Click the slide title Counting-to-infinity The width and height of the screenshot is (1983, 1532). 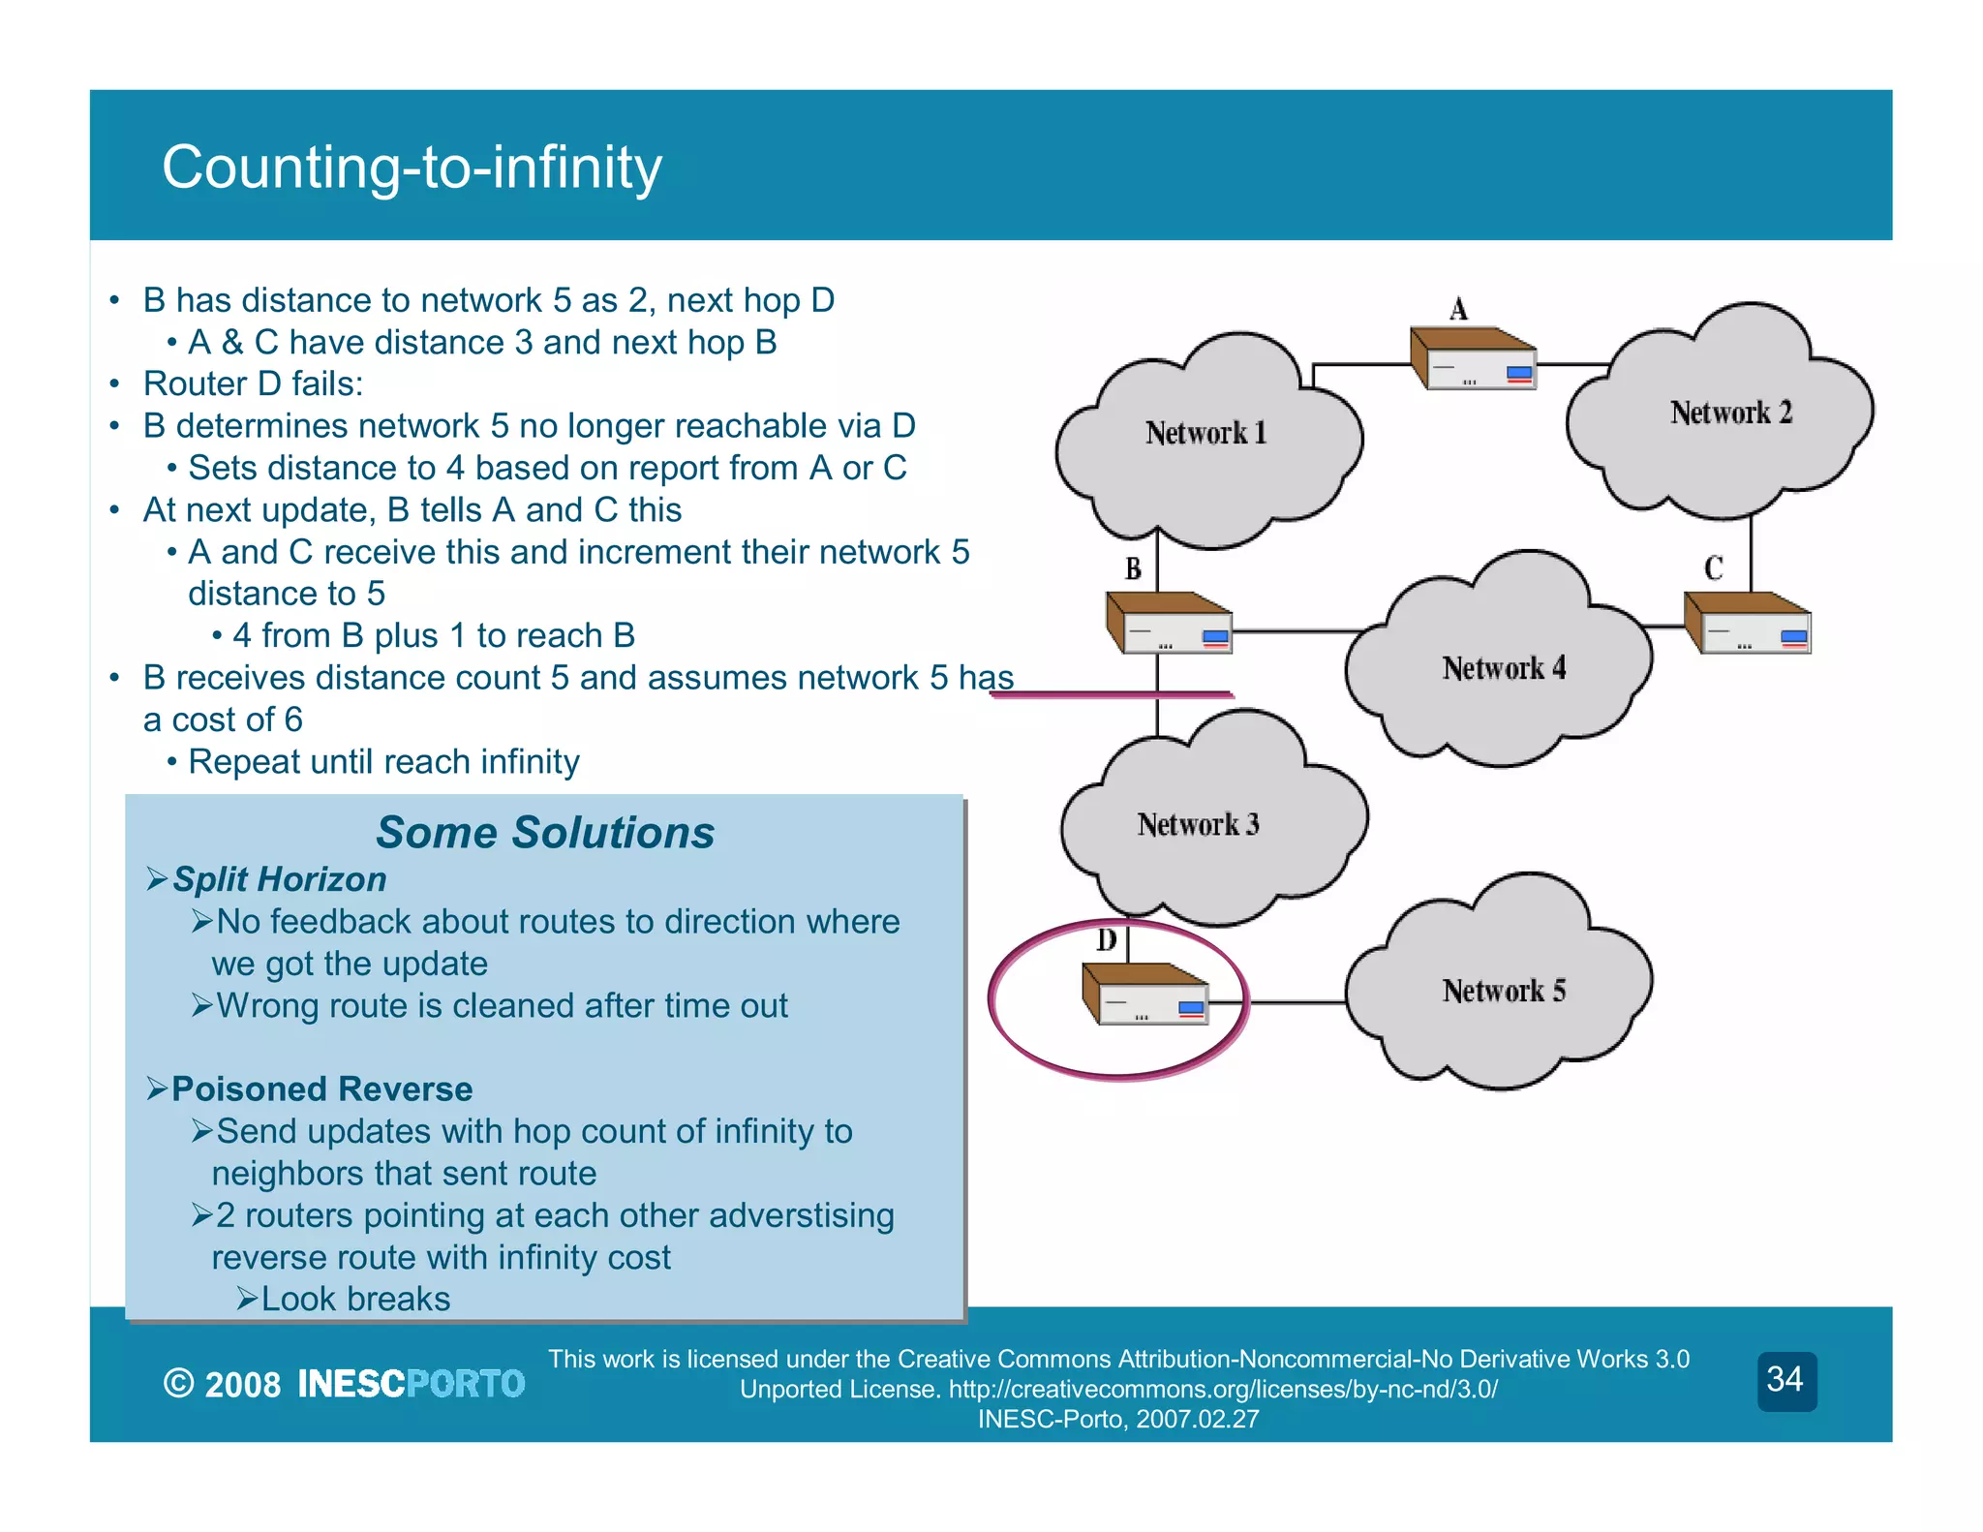(x=412, y=167)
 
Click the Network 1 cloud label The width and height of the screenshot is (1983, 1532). (x=1205, y=432)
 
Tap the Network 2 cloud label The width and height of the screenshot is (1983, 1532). (x=1730, y=413)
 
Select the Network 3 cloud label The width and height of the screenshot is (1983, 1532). (x=1198, y=824)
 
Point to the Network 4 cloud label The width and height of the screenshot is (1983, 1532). (x=1503, y=668)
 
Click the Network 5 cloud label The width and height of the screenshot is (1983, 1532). (x=1503, y=991)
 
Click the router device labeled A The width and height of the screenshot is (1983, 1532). (x=1473, y=358)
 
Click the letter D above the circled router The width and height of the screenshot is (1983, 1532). (x=1107, y=939)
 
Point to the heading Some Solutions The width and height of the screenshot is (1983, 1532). (x=545, y=833)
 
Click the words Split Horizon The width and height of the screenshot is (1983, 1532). (x=279, y=879)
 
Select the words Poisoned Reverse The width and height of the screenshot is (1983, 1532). (x=321, y=1089)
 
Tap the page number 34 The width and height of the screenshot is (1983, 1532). (x=1785, y=1379)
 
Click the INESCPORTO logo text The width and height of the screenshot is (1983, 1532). (x=411, y=1384)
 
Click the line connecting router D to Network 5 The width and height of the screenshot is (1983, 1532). (x=1278, y=1003)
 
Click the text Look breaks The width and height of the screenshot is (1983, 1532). (x=355, y=1299)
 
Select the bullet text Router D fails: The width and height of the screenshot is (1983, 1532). (x=253, y=384)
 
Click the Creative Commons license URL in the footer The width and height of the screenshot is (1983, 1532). (x=1222, y=1390)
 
